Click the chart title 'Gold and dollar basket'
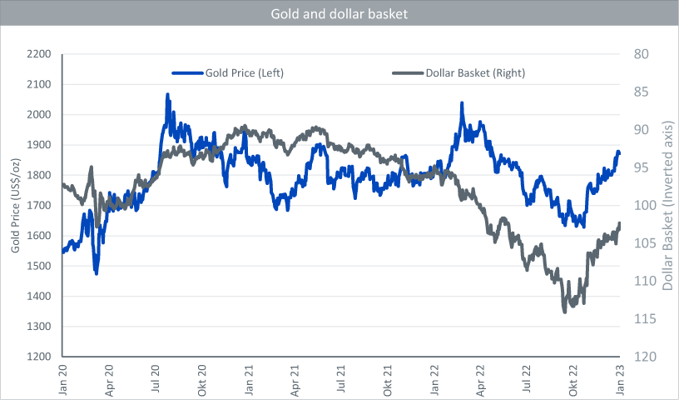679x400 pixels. pyautogui.click(x=339, y=14)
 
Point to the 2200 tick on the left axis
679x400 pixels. pyautogui.click(x=40, y=54)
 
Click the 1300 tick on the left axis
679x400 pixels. pyautogui.click(x=40, y=327)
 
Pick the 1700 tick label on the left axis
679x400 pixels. pyautogui.click(x=40, y=206)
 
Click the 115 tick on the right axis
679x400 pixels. pyautogui.click(x=643, y=319)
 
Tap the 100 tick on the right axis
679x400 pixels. pyautogui.click(x=643, y=206)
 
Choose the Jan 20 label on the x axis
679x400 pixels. pyautogui.click(x=64, y=376)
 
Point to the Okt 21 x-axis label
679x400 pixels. pyautogui.click(x=388, y=376)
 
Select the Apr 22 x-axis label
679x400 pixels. pyautogui.click(x=481, y=376)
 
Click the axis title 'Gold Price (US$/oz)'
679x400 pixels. pyautogui.click(x=15, y=206)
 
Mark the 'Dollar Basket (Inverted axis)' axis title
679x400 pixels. pyautogui.click(x=667, y=206)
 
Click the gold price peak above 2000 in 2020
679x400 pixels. pyautogui.click(x=167, y=95)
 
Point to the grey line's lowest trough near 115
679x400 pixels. pyautogui.click(x=565, y=311)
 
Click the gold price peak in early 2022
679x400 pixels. pyautogui.click(x=462, y=104)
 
